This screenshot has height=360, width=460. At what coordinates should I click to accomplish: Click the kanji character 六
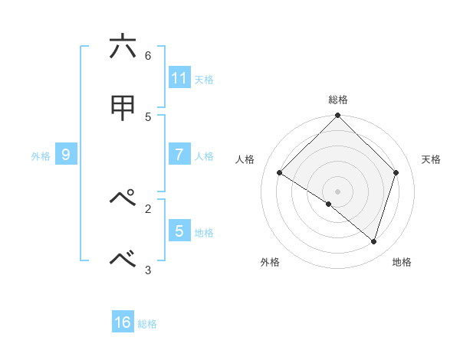click(x=122, y=47)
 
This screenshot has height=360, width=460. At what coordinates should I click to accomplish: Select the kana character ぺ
click(x=122, y=198)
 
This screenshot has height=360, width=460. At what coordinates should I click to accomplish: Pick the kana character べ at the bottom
click(x=122, y=260)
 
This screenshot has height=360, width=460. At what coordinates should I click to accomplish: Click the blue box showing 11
click(x=179, y=77)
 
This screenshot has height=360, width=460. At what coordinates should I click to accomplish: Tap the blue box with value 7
click(x=179, y=154)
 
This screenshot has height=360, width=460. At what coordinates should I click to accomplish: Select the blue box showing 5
click(x=179, y=230)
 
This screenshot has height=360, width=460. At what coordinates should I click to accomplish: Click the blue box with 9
click(x=66, y=154)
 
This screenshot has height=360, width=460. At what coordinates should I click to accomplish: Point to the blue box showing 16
click(x=123, y=322)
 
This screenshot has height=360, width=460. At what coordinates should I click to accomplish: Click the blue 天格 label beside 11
click(x=204, y=79)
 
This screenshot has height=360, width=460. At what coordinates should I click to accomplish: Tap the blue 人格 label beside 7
click(x=204, y=155)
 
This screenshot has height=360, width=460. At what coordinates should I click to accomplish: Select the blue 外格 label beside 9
click(x=41, y=155)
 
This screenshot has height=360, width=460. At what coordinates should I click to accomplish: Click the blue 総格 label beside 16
click(x=147, y=324)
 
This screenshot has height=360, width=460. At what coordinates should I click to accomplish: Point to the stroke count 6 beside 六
click(x=148, y=55)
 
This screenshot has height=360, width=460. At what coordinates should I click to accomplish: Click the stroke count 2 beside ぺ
click(x=148, y=208)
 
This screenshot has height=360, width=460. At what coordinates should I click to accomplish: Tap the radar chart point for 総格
click(x=337, y=116)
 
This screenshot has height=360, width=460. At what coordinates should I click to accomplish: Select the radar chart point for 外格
click(x=329, y=204)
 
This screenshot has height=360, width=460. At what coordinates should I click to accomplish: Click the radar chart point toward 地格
click(x=373, y=242)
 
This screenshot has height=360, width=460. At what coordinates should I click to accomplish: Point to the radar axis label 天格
click(x=432, y=159)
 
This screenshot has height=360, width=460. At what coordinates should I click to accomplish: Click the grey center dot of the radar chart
click(x=337, y=191)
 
